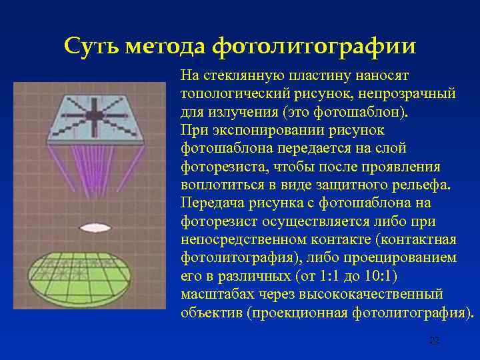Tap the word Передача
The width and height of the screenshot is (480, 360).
point(211,202)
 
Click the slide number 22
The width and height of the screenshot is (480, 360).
point(434,341)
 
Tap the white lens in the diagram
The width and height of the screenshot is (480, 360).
point(90,227)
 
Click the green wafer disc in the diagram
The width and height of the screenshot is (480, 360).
point(89,276)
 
